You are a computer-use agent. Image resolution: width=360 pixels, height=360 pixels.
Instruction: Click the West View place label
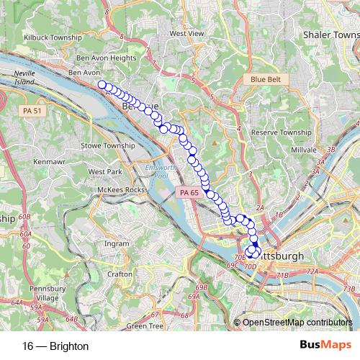(x=186, y=33)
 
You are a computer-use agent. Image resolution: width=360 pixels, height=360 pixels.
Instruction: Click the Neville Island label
(x=25, y=77)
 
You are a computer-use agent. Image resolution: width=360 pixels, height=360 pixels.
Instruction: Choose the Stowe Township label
(x=109, y=145)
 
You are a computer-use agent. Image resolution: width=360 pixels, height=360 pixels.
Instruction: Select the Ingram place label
(x=116, y=243)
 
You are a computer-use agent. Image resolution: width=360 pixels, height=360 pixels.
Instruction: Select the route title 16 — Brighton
(x=55, y=346)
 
